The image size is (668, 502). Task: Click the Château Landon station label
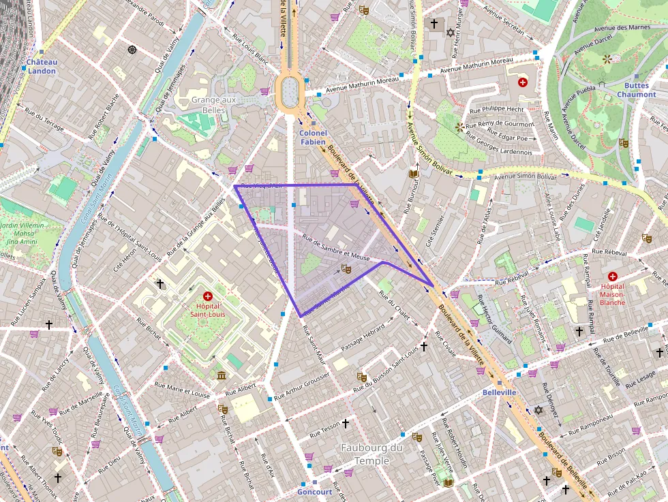[42, 66]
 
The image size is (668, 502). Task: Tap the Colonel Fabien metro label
[313, 138]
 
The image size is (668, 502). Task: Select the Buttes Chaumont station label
[637, 91]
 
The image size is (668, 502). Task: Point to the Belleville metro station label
[500, 393]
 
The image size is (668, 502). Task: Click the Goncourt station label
[314, 491]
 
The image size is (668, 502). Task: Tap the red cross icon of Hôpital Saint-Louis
[208, 296]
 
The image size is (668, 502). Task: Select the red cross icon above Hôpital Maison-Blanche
[612, 276]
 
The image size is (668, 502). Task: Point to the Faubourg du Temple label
[372, 454]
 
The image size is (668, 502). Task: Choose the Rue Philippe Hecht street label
[498, 109]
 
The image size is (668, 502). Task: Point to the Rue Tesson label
[325, 426]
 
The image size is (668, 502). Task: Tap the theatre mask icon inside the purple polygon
[346, 270]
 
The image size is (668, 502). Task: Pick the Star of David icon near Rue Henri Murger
[450, 32]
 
